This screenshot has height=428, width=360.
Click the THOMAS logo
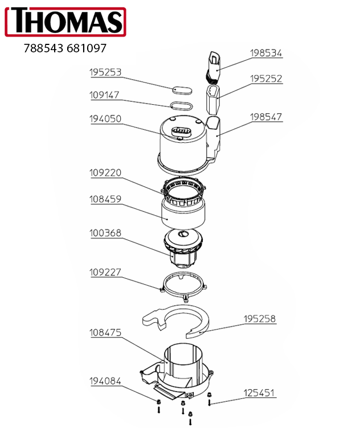pos(64,22)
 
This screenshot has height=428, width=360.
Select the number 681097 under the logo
pos(86,49)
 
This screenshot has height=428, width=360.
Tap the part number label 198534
pos(266,53)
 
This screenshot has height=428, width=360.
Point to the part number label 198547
pos(266,117)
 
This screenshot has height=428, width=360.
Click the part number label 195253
pos(105,73)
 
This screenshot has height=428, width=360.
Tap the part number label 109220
pos(105,172)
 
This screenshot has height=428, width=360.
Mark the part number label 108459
pos(105,200)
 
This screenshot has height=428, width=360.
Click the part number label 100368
pos(105,233)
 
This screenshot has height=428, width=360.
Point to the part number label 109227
pos(105,273)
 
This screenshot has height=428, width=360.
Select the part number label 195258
pos(260,319)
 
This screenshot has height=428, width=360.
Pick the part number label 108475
pos(105,332)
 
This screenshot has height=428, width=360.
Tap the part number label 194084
pos(105,381)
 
